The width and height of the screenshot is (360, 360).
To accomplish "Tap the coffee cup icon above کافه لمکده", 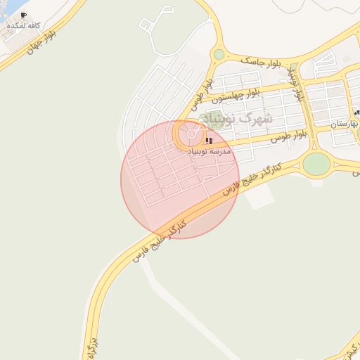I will [23, 15].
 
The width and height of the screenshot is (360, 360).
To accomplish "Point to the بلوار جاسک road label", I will [259, 61].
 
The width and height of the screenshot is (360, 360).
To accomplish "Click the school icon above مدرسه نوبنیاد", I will [208, 141].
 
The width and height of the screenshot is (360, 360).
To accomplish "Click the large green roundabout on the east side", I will [316, 164].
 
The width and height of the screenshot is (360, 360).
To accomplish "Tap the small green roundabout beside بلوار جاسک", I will [219, 54].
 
